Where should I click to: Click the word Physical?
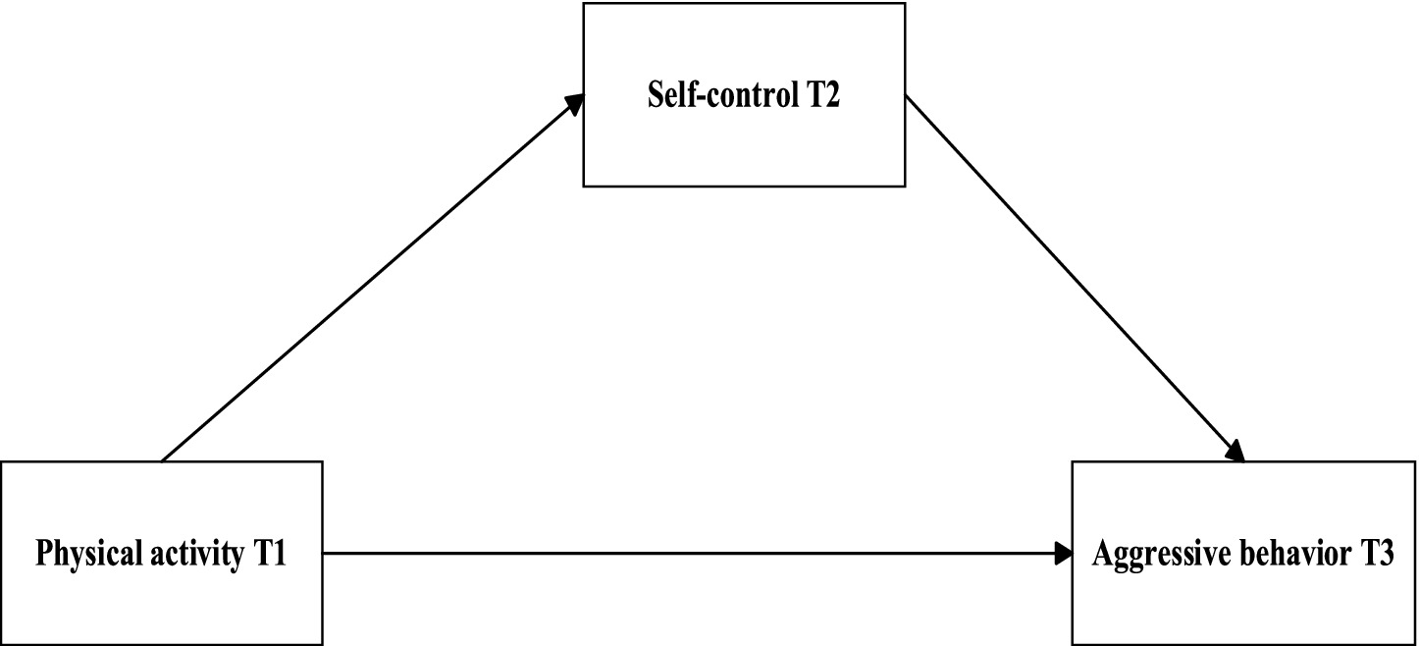pyautogui.click(x=84, y=555)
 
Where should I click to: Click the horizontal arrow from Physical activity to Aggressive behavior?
pyautogui.click(x=697, y=554)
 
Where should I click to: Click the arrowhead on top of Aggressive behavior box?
pyautogui.click(x=1235, y=452)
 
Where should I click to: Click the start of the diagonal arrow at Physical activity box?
pyautogui.click(x=164, y=458)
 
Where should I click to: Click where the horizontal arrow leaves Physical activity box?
pyautogui.click(x=326, y=554)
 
